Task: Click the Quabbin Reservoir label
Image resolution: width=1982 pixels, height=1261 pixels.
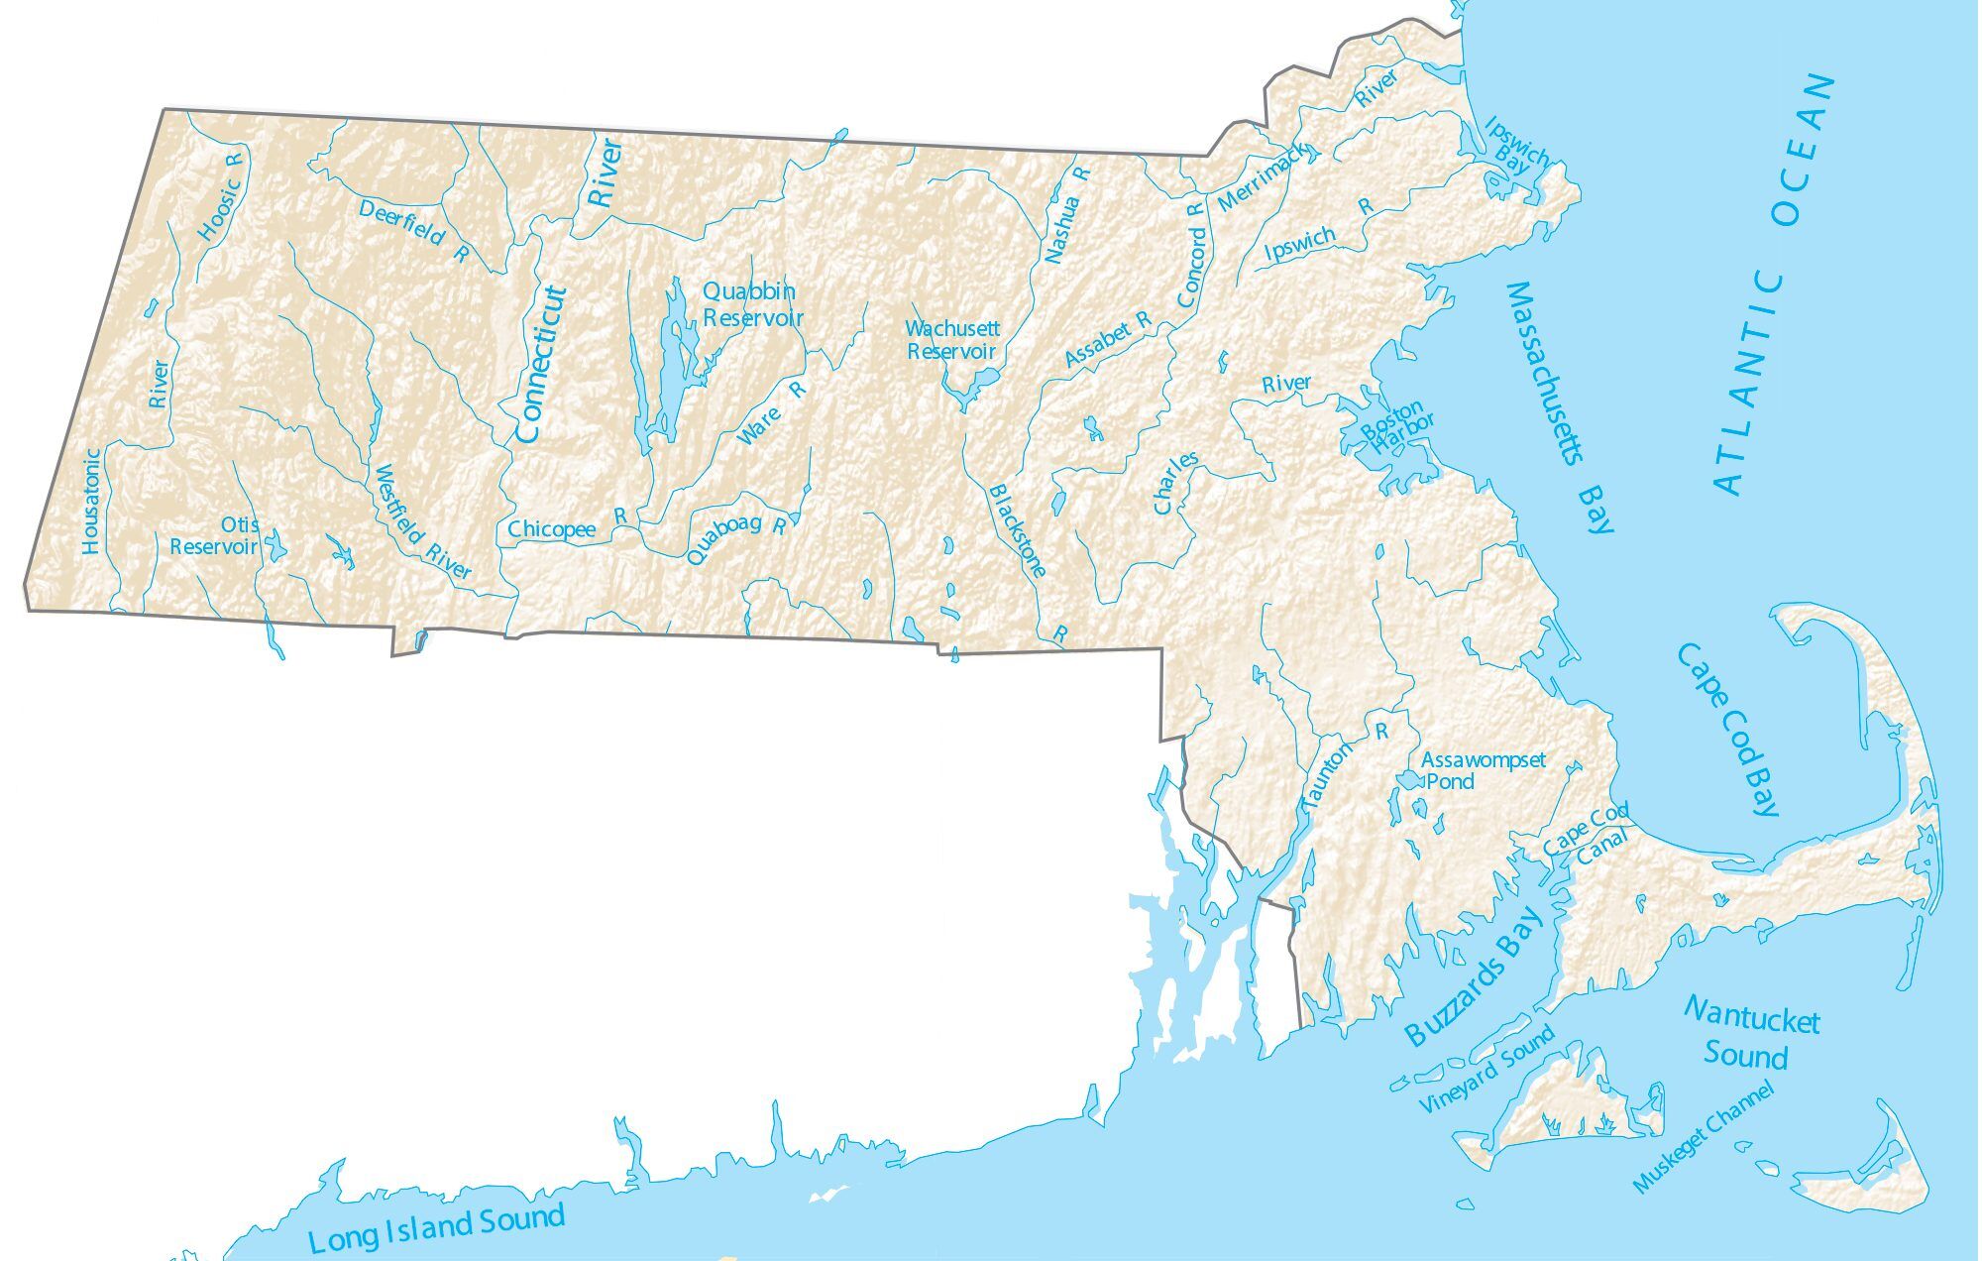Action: [752, 304]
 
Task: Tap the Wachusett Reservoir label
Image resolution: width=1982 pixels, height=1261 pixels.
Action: [951, 339]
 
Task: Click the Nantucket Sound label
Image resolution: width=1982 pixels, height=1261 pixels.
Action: [1750, 1034]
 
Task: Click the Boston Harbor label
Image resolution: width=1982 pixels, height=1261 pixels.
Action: [1396, 428]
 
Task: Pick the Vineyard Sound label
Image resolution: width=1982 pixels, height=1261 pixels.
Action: [1486, 1071]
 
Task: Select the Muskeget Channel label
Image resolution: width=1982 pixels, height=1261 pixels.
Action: [1703, 1136]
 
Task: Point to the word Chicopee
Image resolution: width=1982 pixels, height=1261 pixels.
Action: [552, 529]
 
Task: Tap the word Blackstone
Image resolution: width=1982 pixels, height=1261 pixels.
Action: [1018, 529]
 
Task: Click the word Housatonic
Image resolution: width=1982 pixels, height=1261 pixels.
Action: [91, 501]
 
